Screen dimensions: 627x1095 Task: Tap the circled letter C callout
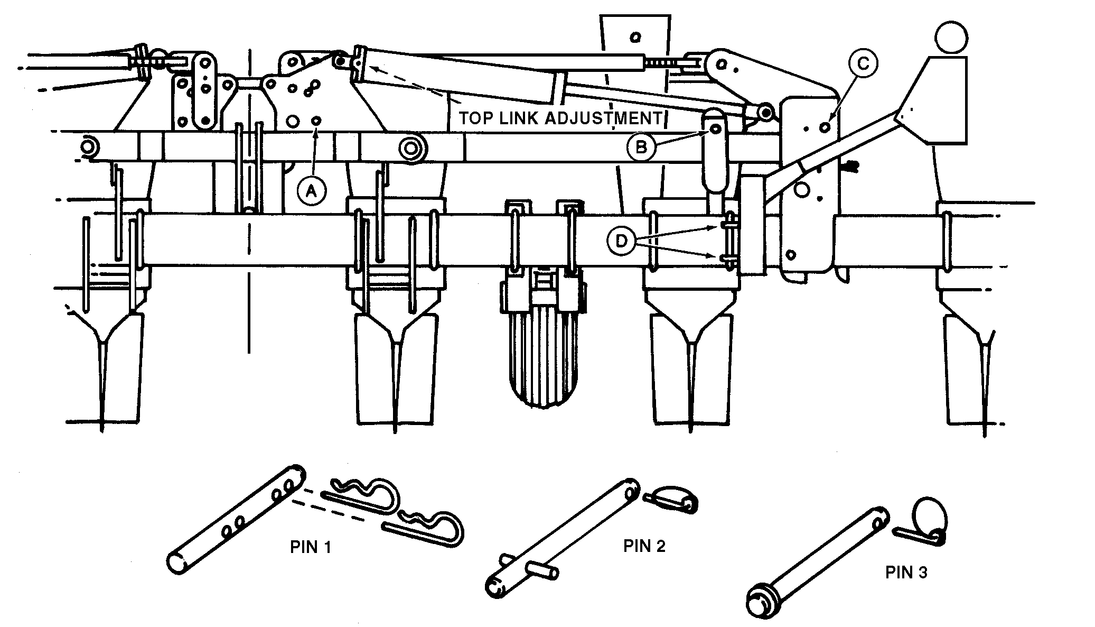pyautogui.click(x=862, y=63)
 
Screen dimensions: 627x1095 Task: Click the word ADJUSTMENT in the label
pyautogui.click(x=603, y=118)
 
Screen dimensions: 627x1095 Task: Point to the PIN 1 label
pyautogui.click(x=311, y=547)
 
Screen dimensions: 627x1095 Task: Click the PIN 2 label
pyautogui.click(x=644, y=546)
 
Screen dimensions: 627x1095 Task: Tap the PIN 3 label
pyautogui.click(x=906, y=573)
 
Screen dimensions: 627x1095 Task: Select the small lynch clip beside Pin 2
pyautogui.click(x=674, y=499)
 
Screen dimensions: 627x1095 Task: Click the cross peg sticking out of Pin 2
pyautogui.click(x=541, y=570)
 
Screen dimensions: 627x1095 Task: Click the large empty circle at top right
pyautogui.click(x=951, y=36)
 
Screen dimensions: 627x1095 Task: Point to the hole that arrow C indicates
pyautogui.click(x=825, y=127)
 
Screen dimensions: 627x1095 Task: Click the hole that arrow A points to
pyautogui.click(x=316, y=121)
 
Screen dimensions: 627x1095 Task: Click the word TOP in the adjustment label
pyautogui.click(x=472, y=118)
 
